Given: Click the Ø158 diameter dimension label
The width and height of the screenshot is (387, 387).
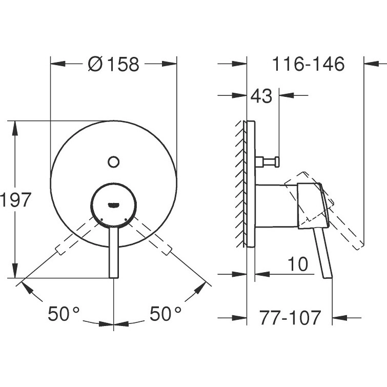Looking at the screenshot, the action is point(113,64).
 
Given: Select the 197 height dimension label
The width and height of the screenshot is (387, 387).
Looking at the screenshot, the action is point(15,200).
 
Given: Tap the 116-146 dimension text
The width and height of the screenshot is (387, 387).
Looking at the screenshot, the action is point(308,64).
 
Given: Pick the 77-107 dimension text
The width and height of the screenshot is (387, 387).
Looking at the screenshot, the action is point(290,318).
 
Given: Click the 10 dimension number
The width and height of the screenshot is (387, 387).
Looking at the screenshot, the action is point(298,264).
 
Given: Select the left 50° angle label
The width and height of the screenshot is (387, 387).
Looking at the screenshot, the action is point(64,314).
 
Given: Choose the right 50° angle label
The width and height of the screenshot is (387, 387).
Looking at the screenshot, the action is point(166,314).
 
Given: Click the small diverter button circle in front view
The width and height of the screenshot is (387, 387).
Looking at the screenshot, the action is point(113,162).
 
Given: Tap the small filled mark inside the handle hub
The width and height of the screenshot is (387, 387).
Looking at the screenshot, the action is point(114,205).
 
